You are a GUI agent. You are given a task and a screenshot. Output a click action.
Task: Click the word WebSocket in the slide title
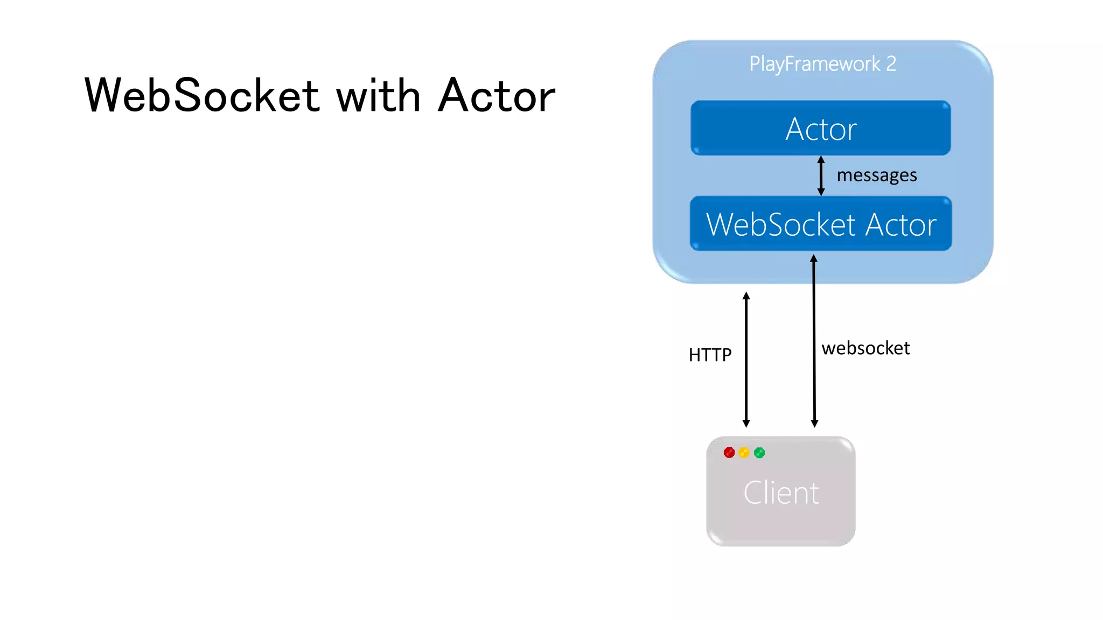point(202,95)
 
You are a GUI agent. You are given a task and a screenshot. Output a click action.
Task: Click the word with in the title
point(378,95)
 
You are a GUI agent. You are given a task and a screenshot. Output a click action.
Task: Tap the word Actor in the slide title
point(496,95)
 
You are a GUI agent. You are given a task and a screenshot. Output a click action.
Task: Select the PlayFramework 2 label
point(822,64)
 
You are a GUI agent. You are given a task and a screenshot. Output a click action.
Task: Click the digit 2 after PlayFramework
point(891,64)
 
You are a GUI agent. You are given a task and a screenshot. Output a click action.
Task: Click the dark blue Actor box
point(820,129)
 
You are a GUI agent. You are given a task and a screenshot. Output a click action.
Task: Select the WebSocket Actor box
point(820,224)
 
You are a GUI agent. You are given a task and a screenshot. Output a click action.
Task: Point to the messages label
point(876,175)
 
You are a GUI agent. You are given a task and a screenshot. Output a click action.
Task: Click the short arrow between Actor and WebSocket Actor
point(821,176)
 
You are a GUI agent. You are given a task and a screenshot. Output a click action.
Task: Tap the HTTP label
point(710,355)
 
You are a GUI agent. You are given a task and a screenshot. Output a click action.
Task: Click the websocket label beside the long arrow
point(865,348)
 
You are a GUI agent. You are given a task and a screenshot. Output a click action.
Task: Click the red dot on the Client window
point(729,453)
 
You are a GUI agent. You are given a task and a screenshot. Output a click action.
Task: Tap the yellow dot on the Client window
point(744,453)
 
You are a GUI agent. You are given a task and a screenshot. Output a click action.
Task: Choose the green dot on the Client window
point(759,453)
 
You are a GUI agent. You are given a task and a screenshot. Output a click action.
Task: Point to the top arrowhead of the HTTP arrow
point(746,296)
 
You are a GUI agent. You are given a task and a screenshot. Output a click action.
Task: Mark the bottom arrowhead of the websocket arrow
point(814,424)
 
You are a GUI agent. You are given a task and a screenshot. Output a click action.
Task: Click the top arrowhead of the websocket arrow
point(814,259)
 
